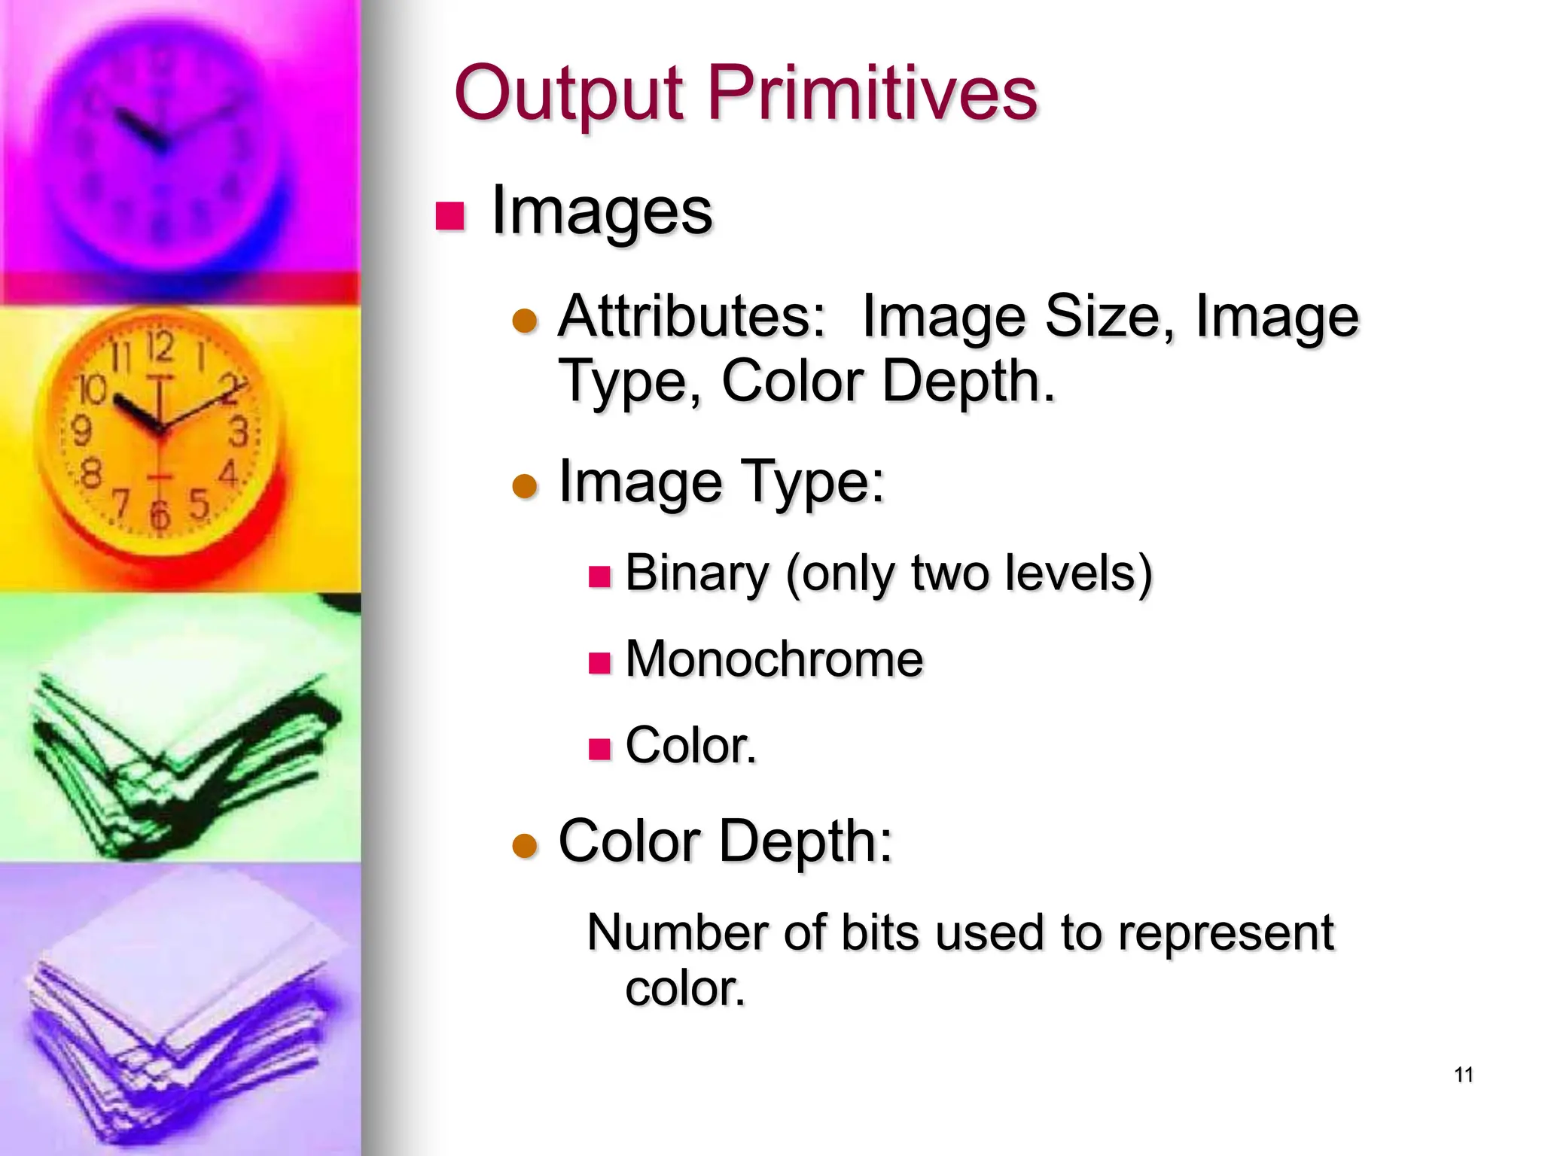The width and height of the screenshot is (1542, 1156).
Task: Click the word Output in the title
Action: (568, 95)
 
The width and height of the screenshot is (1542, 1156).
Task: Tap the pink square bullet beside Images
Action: (450, 216)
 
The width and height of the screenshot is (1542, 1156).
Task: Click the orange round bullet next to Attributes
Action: (525, 321)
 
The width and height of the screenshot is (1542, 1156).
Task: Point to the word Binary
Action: (696, 573)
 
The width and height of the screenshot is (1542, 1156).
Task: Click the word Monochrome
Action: (774, 659)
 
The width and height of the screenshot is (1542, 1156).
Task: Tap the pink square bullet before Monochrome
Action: (599, 663)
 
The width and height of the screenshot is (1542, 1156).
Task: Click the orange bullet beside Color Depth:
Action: (525, 846)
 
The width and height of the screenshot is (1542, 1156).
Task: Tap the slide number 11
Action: (1464, 1075)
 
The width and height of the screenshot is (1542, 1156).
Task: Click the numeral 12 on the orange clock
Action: (160, 348)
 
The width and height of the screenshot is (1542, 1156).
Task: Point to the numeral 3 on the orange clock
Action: (238, 432)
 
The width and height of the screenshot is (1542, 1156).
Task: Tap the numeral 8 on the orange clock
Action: (91, 474)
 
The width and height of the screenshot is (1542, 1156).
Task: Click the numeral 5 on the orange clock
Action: (199, 503)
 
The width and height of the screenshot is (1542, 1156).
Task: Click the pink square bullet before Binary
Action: (599, 577)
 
